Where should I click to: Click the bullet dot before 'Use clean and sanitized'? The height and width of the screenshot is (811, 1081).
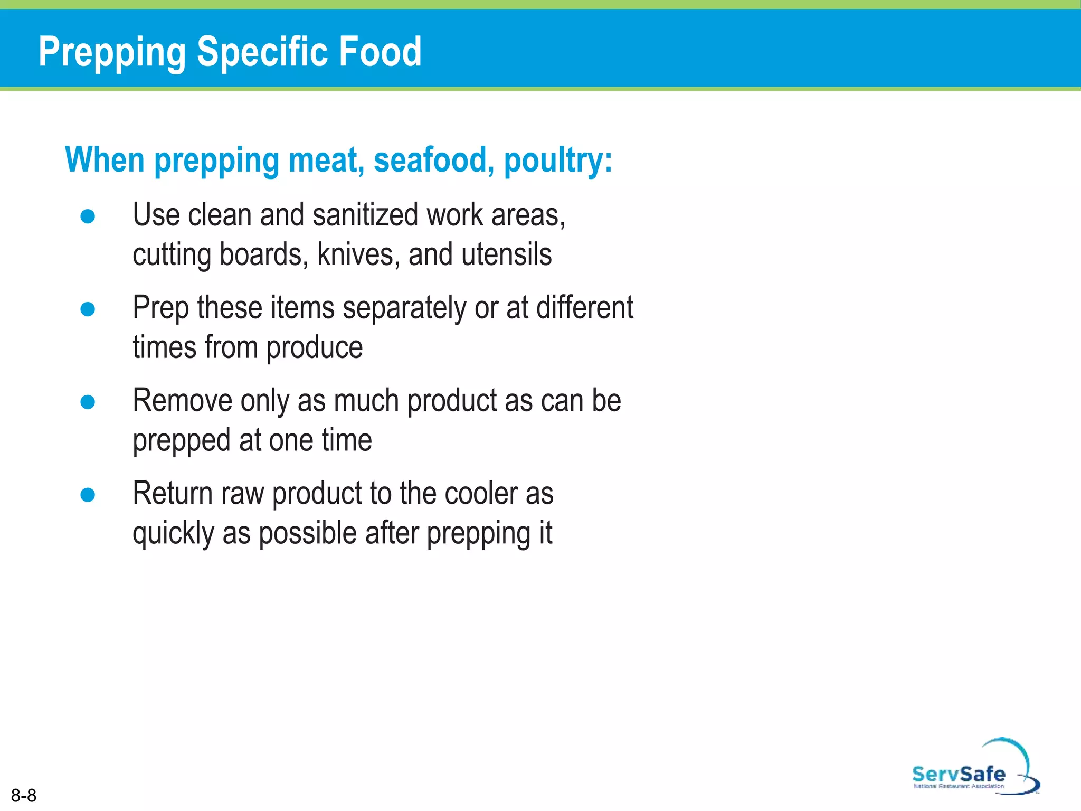click(x=88, y=216)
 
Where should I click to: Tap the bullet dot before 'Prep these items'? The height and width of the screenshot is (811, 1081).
click(x=88, y=309)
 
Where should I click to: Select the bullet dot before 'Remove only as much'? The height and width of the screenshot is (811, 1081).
click(x=88, y=402)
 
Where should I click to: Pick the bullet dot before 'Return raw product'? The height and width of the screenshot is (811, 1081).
click(x=88, y=495)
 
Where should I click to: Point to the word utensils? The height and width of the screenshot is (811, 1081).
click(x=506, y=254)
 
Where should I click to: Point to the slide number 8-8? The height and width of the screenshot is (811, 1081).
click(x=24, y=795)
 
